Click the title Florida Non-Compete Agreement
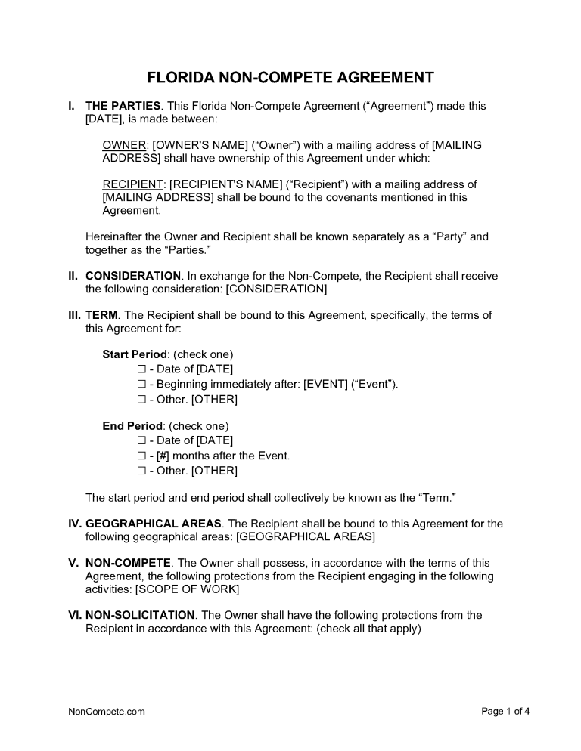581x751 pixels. [x=290, y=78]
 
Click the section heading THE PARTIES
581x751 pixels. [x=123, y=106]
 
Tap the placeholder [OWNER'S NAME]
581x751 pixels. [x=200, y=144]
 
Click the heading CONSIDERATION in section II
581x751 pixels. [x=133, y=277]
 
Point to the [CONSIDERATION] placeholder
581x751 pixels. [x=277, y=289]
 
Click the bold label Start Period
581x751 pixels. [x=135, y=354]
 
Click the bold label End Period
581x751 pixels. [x=132, y=426]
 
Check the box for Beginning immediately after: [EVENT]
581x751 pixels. [x=141, y=384]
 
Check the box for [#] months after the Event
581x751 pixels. [x=141, y=456]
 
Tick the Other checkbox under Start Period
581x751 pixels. [x=141, y=399]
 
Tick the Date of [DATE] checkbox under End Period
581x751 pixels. [x=141, y=440]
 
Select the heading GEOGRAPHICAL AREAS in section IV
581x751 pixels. [x=154, y=524]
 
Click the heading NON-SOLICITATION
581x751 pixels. [x=141, y=616]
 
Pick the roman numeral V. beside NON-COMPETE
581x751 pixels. [x=73, y=563]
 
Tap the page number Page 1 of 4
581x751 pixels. [x=505, y=711]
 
